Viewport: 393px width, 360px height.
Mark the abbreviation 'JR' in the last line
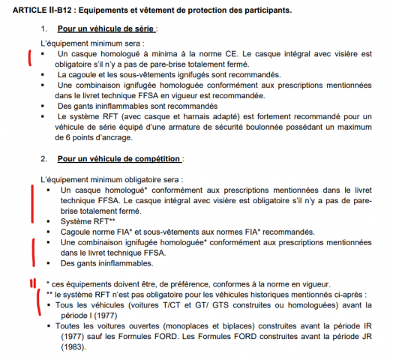[363, 337]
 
